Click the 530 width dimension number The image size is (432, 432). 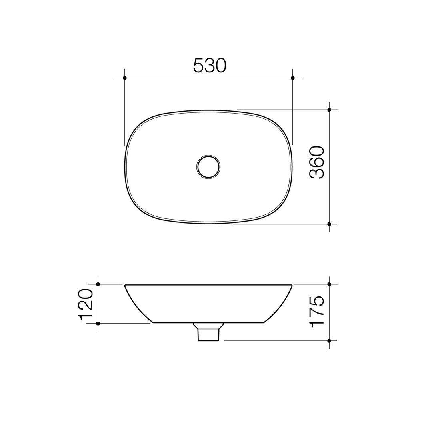click(x=210, y=66)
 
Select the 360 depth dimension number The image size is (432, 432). click(x=316, y=162)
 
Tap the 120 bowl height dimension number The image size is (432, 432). click(x=86, y=304)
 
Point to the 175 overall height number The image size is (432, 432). click(x=316, y=312)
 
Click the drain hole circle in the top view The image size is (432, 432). click(x=208, y=166)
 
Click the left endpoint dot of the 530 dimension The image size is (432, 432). click(x=125, y=78)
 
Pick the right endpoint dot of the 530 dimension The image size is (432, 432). click(x=293, y=78)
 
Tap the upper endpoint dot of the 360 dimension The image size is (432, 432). click(x=329, y=110)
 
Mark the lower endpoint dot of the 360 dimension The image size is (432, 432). click(x=329, y=224)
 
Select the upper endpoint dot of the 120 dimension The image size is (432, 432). click(x=98, y=284)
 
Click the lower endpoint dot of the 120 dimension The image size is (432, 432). click(x=98, y=323)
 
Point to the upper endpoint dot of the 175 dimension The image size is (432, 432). click(x=329, y=284)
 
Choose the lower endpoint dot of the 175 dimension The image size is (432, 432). click(x=329, y=341)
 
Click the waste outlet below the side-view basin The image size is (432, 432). click(x=208, y=334)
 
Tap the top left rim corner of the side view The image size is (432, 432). click(x=126, y=286)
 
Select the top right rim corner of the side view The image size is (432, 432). click(x=292, y=286)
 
